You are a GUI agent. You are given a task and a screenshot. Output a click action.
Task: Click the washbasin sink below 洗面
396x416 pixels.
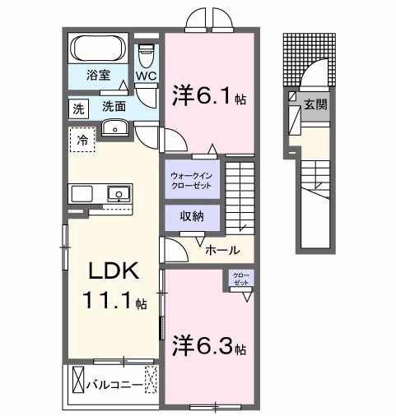click(x=114, y=127)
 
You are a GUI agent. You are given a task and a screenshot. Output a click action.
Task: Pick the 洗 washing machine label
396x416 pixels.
click(x=77, y=108)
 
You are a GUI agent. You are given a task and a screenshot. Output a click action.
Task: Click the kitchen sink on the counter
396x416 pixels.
click(x=118, y=195)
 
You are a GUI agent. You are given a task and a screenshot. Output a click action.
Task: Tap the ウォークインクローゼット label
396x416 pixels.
click(x=191, y=180)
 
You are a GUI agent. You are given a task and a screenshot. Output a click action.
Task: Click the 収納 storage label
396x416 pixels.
click(x=191, y=218)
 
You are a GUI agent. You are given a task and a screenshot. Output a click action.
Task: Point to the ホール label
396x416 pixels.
click(x=221, y=250)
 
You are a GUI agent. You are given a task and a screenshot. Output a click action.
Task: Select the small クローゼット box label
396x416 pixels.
click(x=241, y=278)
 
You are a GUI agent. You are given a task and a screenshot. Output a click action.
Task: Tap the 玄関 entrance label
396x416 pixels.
click(x=315, y=104)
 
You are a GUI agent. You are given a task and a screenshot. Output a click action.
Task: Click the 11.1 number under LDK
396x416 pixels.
click(x=112, y=302)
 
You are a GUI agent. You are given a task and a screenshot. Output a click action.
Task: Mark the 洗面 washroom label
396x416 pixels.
click(x=114, y=107)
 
